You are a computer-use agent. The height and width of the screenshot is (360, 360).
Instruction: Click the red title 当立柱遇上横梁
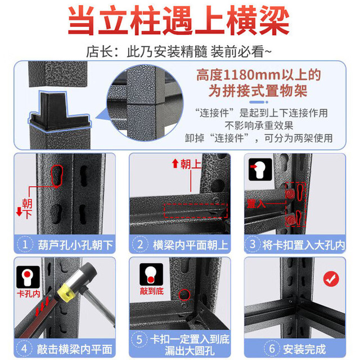(x=179, y=21)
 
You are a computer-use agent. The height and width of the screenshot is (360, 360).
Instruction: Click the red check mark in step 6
(x=331, y=279)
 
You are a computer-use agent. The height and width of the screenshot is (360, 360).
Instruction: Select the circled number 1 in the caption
(x=25, y=245)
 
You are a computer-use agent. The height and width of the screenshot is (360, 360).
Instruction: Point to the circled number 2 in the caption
(x=140, y=245)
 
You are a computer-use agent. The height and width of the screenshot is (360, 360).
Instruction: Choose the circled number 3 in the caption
(x=253, y=244)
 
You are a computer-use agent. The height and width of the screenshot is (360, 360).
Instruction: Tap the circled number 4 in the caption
(x=25, y=349)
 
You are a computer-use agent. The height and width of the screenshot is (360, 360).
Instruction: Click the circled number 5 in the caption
(x=139, y=340)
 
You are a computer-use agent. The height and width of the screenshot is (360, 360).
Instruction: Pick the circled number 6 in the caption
(x=272, y=349)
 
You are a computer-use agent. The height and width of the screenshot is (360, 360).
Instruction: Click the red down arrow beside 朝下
(x=19, y=211)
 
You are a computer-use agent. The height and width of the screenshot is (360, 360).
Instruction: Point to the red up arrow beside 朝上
(x=175, y=164)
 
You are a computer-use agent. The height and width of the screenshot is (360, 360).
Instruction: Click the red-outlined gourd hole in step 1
(x=57, y=175)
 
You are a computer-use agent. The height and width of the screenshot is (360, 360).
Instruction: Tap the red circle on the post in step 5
(x=184, y=295)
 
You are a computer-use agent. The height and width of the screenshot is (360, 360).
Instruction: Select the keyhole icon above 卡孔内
(x=28, y=277)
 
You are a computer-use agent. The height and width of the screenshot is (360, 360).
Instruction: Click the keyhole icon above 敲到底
(x=151, y=274)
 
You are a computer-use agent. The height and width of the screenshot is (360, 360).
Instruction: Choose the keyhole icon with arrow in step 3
(x=260, y=169)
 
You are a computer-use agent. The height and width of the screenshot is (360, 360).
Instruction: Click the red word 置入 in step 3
(x=256, y=204)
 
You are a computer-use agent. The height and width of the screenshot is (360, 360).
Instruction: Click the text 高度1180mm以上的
(x=258, y=75)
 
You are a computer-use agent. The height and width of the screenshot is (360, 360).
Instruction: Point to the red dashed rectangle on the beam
(x=196, y=210)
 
